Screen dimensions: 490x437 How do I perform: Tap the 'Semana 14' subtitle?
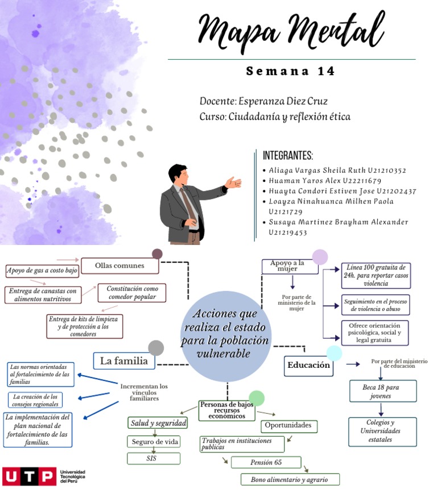[291, 72]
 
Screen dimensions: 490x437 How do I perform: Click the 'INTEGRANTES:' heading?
[288, 156]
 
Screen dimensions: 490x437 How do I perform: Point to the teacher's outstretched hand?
[233, 182]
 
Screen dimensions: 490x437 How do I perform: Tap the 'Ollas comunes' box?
[119, 265]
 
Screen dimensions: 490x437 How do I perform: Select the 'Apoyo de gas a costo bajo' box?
[42, 271]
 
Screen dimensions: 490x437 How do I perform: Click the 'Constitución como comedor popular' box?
[131, 293]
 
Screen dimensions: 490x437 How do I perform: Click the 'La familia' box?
[123, 360]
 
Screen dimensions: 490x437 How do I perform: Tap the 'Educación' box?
[308, 366]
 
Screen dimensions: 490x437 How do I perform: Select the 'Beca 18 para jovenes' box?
[382, 391]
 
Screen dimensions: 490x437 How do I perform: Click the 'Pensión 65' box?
[266, 462]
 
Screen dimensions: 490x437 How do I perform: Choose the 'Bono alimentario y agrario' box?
[290, 479]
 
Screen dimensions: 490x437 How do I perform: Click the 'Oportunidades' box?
[289, 425]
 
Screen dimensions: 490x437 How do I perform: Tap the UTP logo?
[28, 475]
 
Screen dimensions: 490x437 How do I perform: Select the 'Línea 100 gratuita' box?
[375, 275]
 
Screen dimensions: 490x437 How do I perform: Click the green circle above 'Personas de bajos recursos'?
[257, 398]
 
